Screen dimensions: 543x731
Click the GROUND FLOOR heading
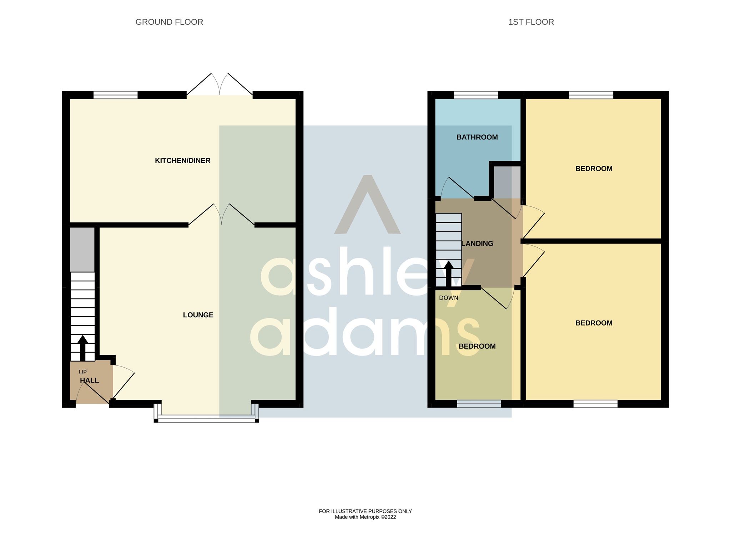click(169, 22)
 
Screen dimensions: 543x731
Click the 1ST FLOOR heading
click(531, 22)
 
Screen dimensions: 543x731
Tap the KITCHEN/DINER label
click(182, 161)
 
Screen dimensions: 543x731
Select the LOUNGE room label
click(198, 315)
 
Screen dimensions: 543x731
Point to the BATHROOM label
click(477, 137)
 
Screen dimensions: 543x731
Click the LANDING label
click(478, 244)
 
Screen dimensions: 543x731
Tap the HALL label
click(89, 380)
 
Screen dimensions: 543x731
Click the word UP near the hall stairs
click(83, 372)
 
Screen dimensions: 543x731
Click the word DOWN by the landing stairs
click(448, 298)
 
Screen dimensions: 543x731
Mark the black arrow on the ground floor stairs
click(83, 348)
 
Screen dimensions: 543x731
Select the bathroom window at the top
click(475, 95)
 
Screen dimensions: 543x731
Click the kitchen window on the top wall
click(115, 95)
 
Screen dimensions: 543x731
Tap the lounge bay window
click(206, 419)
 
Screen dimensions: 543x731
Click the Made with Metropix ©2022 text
click(365, 517)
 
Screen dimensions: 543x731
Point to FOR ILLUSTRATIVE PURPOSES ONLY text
click(365, 511)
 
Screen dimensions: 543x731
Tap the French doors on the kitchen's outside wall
click(220, 86)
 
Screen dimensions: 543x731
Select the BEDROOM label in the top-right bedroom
click(594, 169)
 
